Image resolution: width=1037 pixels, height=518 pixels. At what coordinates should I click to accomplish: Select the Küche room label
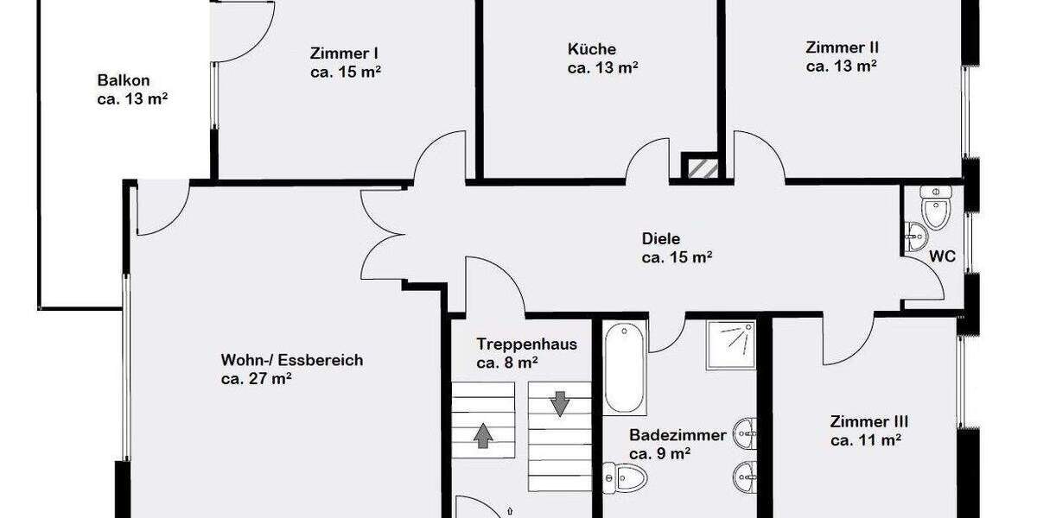click(x=592, y=49)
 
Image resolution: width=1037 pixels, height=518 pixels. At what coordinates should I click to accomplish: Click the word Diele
click(x=661, y=239)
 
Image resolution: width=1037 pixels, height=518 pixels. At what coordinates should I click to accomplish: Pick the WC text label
click(x=943, y=256)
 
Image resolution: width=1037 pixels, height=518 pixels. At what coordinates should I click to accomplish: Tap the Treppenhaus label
click(x=526, y=344)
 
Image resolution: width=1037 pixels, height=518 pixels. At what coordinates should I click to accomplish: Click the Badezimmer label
click(x=678, y=435)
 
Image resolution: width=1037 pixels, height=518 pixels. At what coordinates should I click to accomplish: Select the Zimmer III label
click(x=868, y=422)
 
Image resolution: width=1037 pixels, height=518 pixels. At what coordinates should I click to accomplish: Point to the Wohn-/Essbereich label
click(x=292, y=360)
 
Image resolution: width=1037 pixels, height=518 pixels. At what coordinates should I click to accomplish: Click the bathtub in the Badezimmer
click(x=625, y=368)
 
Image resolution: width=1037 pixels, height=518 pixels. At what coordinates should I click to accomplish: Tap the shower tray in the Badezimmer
click(x=731, y=344)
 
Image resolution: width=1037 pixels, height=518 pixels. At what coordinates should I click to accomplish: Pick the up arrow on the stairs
click(x=482, y=434)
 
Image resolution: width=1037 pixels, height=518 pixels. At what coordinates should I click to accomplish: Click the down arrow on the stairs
click(x=559, y=402)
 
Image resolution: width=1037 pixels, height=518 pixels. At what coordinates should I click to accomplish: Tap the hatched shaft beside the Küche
click(x=700, y=167)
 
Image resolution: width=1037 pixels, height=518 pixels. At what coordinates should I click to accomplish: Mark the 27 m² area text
click(x=256, y=378)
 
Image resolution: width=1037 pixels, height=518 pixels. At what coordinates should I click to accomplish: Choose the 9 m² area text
click(x=658, y=453)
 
